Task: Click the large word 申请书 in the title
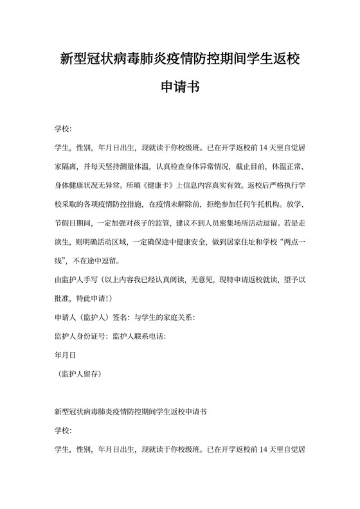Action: pyautogui.click(x=179, y=86)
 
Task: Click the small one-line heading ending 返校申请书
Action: pyautogui.click(x=131, y=409)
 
